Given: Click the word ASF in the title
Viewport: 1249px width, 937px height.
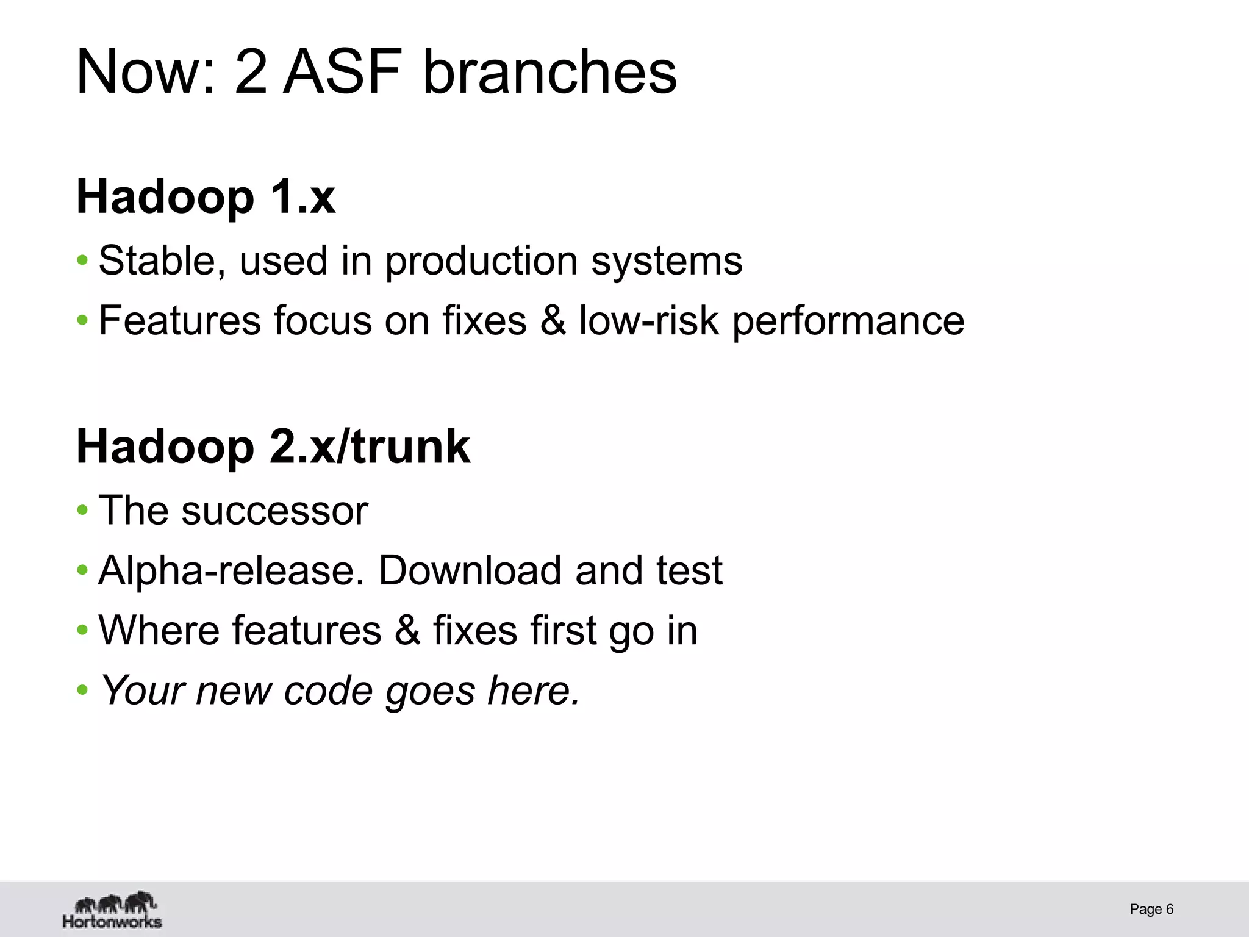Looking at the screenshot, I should pos(342,72).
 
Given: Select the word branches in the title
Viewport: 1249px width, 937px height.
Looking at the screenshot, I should pos(549,72).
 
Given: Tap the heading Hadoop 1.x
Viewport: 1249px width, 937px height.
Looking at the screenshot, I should pos(206,196).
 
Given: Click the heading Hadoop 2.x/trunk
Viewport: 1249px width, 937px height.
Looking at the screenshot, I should pos(273,447).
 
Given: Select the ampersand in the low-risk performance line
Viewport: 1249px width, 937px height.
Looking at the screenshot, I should pos(553,321).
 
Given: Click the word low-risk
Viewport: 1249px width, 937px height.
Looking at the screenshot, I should pos(648,321).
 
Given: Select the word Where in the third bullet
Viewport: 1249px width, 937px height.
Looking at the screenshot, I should pos(159,630).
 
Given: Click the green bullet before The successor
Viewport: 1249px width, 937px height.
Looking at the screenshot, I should pos(82,511).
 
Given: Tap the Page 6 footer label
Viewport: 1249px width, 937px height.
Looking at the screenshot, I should pos(1151,910).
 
